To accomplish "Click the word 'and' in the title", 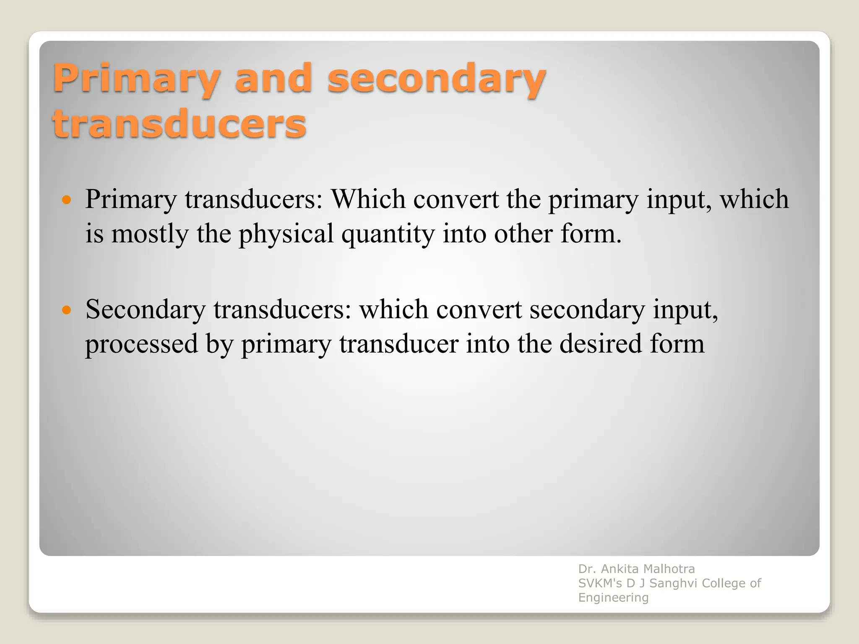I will [x=273, y=78].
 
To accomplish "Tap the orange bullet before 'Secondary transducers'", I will [x=66, y=310].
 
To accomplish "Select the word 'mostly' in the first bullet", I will [x=150, y=234].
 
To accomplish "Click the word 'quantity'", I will [x=388, y=234].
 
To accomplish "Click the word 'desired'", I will [x=601, y=344].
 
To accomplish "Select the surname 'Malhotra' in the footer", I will [x=669, y=569].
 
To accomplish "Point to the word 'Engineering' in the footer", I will [x=613, y=598].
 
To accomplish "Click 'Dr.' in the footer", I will [x=586, y=569].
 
